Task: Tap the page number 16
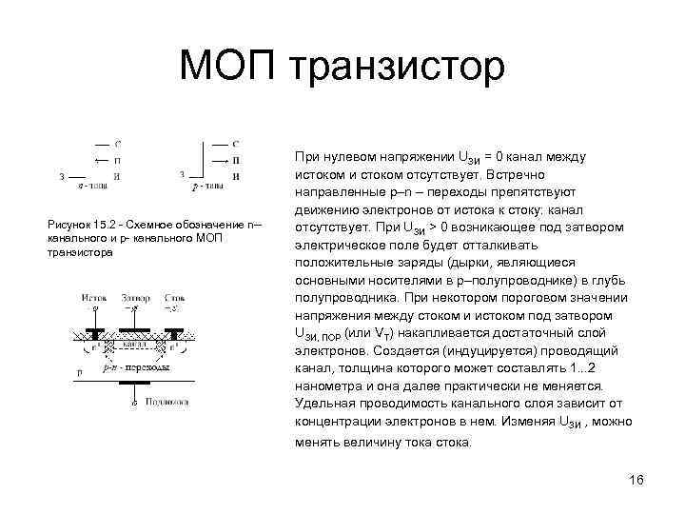point(636,479)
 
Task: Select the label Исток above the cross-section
point(93,298)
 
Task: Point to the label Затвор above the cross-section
point(136,298)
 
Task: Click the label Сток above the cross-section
point(174,298)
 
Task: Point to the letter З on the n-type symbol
point(62,176)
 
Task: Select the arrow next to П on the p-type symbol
point(218,160)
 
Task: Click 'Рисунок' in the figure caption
point(68,224)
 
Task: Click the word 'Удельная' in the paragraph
point(323,404)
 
